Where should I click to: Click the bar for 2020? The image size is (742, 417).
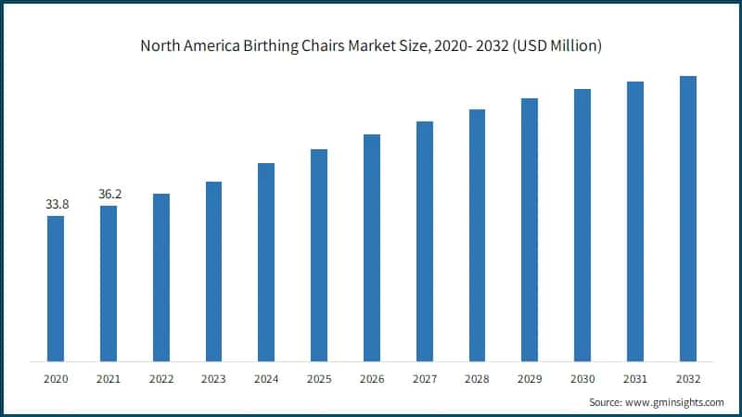[56, 288]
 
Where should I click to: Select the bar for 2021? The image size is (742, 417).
[109, 283]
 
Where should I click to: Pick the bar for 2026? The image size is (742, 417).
[372, 247]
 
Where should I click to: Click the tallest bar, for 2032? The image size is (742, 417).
[688, 218]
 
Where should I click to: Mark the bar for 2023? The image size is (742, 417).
[213, 271]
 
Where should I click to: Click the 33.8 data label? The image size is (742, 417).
[56, 204]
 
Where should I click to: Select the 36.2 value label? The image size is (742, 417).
[109, 194]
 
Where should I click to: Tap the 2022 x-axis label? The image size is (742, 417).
[160, 379]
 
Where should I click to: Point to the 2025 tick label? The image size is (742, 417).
[319, 379]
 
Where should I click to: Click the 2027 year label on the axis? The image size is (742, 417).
[424, 379]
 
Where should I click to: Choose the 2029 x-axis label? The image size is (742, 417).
[530, 379]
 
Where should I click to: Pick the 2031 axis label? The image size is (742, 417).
[635, 379]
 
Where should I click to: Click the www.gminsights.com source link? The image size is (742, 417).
[676, 402]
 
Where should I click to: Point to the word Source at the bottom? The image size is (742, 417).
[607, 402]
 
